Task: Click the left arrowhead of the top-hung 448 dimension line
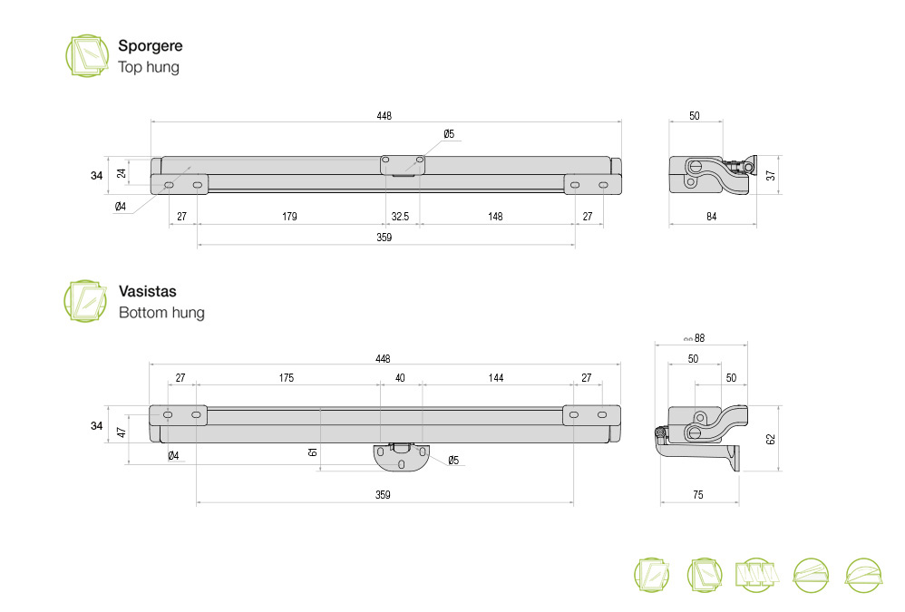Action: point(152,121)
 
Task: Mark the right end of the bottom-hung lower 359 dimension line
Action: point(573,502)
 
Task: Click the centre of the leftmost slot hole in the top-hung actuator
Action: point(169,185)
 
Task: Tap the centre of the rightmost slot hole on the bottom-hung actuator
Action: point(602,414)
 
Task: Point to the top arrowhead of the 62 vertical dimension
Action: point(780,407)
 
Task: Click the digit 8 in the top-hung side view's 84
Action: point(709,217)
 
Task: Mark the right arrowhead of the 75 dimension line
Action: point(737,502)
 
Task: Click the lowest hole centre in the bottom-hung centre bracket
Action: point(402,463)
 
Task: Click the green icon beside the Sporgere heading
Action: point(86,55)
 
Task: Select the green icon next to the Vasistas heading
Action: point(85,301)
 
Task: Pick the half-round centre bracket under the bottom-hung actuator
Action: point(401,457)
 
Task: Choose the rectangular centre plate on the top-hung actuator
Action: point(403,166)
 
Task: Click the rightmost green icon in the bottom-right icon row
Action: point(863,575)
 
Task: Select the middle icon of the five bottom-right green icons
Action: point(756,575)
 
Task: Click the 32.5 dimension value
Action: point(400,217)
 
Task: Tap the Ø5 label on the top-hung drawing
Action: point(449,134)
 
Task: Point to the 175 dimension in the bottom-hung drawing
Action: point(287,378)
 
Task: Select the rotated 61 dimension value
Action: point(313,452)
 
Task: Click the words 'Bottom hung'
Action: point(161,313)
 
